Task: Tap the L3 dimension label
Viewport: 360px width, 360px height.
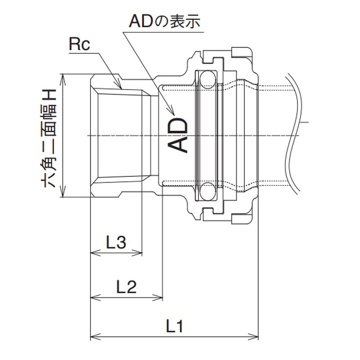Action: coord(116,243)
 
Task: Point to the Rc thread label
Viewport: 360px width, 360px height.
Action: coord(80,45)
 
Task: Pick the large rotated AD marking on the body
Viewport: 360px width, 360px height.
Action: coord(177,135)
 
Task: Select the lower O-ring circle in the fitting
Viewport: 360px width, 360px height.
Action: coord(207,191)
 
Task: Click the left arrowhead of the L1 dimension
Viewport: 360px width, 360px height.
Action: coord(93,336)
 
